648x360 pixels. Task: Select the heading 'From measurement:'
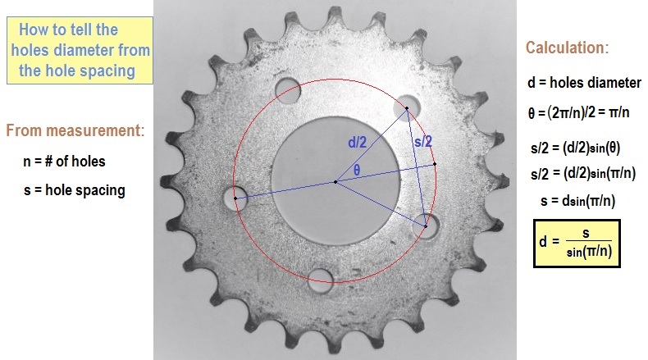tap(75, 130)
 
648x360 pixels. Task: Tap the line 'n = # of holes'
tap(65, 161)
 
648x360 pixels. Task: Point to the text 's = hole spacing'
tap(75, 190)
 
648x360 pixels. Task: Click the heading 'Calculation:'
tap(567, 48)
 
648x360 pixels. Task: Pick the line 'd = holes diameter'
tap(584, 84)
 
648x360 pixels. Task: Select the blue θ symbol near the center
tap(357, 171)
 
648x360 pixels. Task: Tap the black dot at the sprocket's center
tap(335, 181)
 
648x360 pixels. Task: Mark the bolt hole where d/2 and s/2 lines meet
tap(406, 107)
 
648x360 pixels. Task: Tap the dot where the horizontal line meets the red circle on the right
tap(435, 164)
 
